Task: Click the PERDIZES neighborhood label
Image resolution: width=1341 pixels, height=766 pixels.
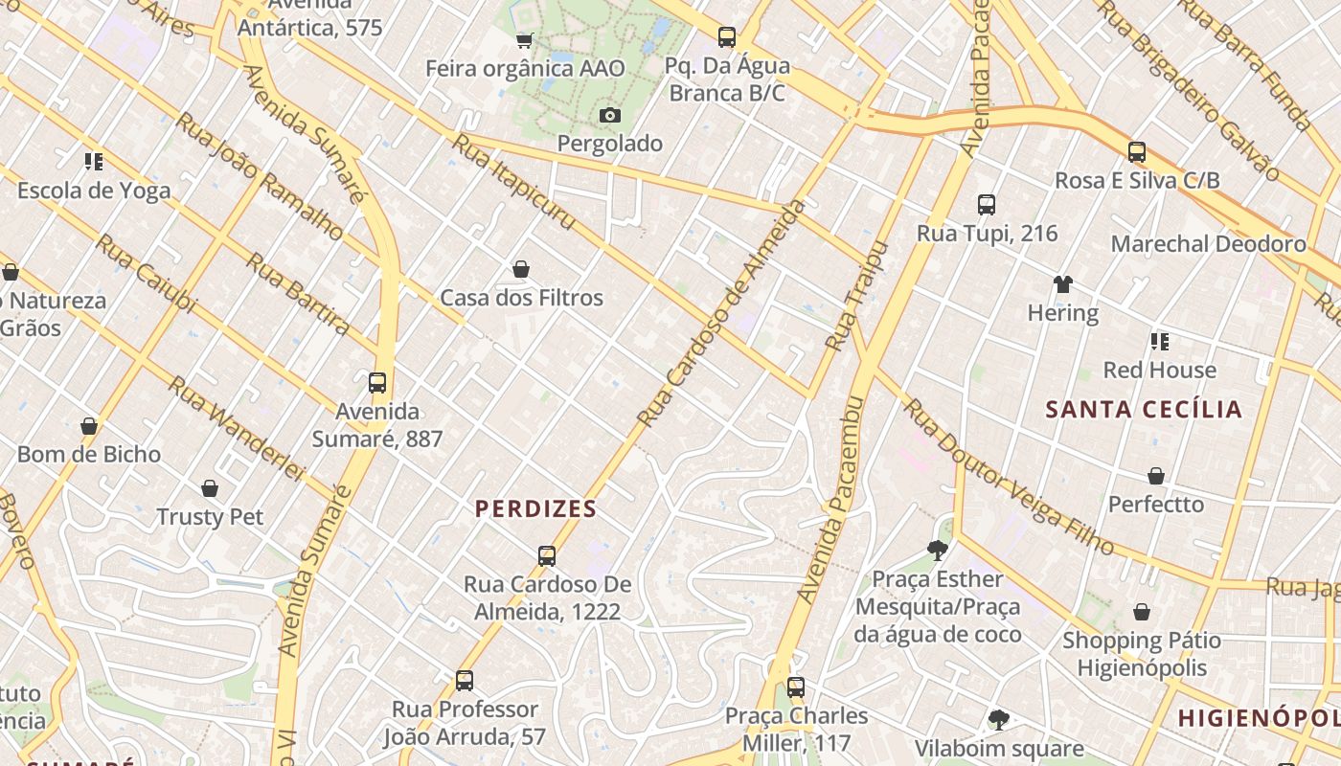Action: (x=535, y=508)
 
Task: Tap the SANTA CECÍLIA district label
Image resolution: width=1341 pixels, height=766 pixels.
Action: (x=1144, y=410)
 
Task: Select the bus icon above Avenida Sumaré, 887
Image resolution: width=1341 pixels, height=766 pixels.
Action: (x=377, y=383)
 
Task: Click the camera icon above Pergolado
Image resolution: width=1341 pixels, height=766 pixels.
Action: (x=610, y=116)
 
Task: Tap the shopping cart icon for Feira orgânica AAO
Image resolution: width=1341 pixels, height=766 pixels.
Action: (x=524, y=40)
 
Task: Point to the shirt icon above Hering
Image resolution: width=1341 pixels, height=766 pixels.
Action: (x=1063, y=284)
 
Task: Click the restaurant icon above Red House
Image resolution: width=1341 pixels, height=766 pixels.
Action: (x=1160, y=342)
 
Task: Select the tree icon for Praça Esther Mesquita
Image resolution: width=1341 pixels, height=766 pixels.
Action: (x=938, y=551)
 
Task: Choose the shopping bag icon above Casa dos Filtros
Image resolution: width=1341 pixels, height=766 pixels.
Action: (x=521, y=269)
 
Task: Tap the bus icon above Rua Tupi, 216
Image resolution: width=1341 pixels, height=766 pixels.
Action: (x=987, y=205)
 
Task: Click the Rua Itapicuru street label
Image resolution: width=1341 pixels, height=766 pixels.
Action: (x=513, y=182)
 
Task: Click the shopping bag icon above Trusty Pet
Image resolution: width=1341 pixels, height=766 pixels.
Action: (x=210, y=488)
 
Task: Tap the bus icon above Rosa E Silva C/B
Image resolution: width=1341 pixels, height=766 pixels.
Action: (x=1137, y=152)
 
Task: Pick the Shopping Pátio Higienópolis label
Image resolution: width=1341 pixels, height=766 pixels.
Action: (x=1142, y=654)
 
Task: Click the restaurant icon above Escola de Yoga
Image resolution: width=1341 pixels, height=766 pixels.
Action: (x=93, y=162)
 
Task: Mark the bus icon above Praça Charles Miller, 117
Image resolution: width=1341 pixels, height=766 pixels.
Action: (x=796, y=687)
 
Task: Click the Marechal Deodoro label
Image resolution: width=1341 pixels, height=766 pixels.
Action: (x=1208, y=244)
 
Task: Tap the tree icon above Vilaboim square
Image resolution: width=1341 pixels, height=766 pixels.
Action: (x=999, y=720)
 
